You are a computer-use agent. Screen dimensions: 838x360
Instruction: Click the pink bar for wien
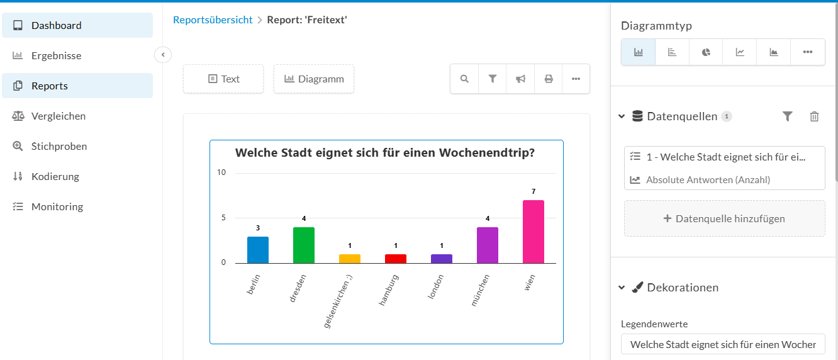click(533, 232)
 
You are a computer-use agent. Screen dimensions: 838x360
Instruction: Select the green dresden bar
click(304, 245)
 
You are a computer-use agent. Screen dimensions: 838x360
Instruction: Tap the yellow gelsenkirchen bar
click(349, 259)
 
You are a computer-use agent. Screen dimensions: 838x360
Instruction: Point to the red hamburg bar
click(396, 259)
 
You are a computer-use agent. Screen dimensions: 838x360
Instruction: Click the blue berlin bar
click(258, 250)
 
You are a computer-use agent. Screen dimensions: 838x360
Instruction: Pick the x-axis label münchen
click(480, 290)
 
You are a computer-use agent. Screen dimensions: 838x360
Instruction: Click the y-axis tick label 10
click(221, 172)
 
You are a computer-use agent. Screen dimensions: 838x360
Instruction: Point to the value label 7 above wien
click(534, 191)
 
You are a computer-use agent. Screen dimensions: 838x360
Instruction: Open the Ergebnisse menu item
click(56, 56)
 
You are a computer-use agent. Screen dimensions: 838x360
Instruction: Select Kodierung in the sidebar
click(55, 176)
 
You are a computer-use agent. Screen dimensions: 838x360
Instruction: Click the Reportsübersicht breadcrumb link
click(213, 20)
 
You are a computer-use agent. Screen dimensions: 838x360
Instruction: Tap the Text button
click(223, 79)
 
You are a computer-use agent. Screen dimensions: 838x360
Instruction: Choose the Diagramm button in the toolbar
click(314, 79)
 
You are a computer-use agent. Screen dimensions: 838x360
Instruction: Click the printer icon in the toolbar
click(549, 79)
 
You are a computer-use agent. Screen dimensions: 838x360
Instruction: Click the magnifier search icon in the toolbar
click(464, 79)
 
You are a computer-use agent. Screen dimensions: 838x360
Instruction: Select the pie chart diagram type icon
click(706, 52)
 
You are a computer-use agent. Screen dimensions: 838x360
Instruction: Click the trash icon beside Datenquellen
click(814, 116)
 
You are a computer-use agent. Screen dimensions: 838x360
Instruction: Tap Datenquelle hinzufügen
click(724, 218)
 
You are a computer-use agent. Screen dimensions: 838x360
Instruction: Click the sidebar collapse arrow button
click(163, 55)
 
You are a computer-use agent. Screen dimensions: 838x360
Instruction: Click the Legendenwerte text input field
click(723, 344)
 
